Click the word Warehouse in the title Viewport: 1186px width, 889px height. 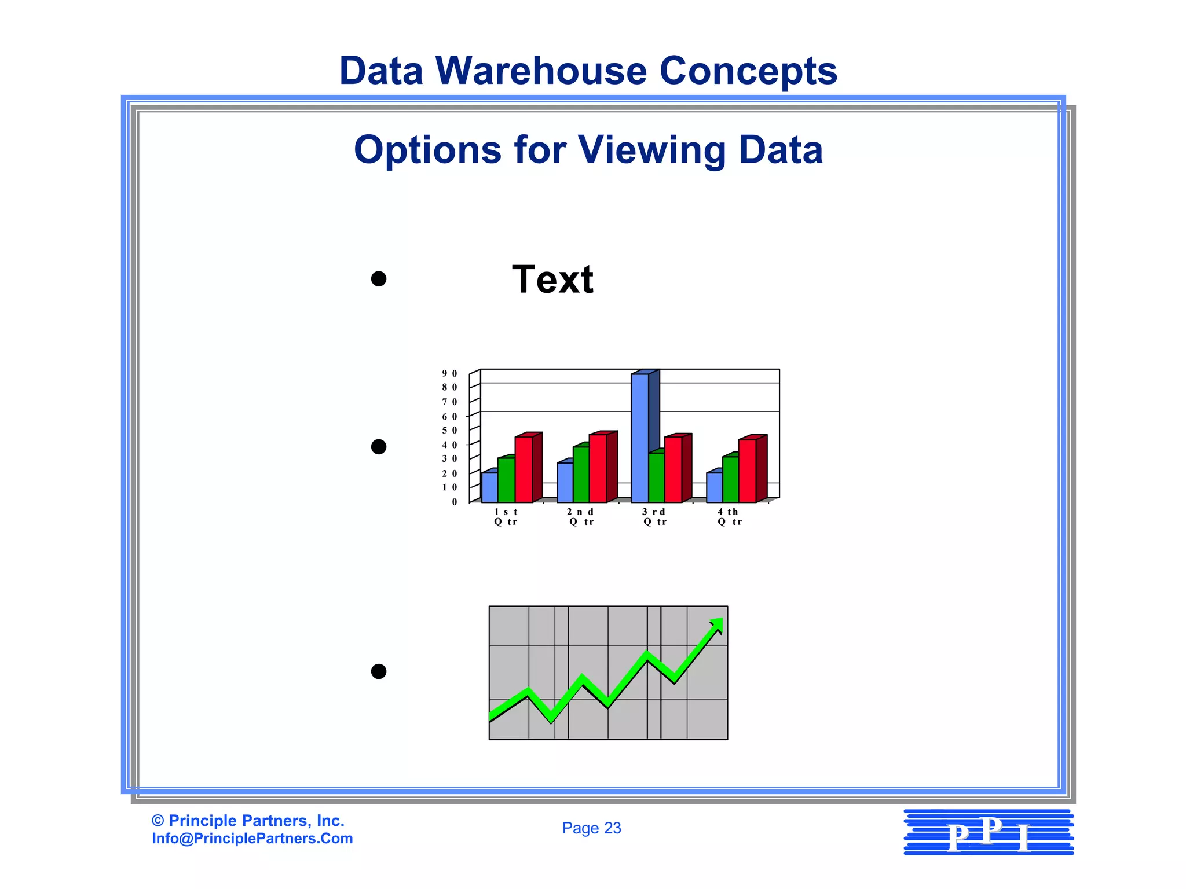(x=541, y=71)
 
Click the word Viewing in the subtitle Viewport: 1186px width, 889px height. (x=651, y=150)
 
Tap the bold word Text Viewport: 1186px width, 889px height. (x=552, y=280)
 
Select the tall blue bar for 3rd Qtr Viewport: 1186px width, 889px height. (x=639, y=437)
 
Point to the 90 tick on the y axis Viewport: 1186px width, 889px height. (x=449, y=374)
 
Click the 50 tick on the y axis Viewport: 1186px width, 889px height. (x=449, y=431)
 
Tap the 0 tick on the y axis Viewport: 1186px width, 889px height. (x=454, y=502)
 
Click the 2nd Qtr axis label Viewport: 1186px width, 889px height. (x=580, y=517)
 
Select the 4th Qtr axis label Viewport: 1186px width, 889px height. (x=729, y=517)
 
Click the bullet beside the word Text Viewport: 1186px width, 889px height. (x=379, y=280)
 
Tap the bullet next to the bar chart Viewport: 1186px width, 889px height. (x=379, y=447)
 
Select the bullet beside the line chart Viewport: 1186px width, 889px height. (x=379, y=671)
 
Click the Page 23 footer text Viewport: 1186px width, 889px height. (x=591, y=828)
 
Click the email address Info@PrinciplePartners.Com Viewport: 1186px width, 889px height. (x=252, y=839)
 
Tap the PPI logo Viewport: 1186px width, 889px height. (x=989, y=833)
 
